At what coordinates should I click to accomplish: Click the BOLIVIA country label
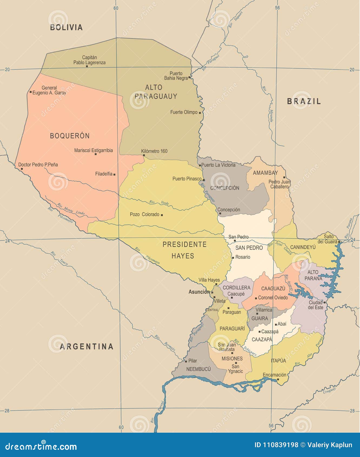[66, 27]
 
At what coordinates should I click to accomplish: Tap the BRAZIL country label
[304, 101]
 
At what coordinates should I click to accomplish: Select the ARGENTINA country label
[87, 346]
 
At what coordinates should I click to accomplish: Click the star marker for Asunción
[212, 292]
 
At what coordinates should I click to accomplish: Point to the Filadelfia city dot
[114, 174]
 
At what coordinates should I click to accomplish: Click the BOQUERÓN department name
[70, 136]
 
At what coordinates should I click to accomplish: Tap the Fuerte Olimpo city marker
[200, 113]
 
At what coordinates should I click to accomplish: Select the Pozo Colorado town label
[144, 214]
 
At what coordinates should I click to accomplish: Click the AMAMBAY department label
[265, 173]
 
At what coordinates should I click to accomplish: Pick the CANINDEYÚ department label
[303, 247]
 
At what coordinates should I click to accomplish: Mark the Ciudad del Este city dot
[325, 302]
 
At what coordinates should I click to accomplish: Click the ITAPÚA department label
[278, 360]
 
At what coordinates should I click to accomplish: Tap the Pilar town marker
[186, 361]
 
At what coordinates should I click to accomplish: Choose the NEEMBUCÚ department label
[199, 369]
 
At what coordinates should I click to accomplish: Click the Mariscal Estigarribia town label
[94, 151]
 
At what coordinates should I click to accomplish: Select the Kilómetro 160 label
[154, 151]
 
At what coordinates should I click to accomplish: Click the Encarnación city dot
[278, 379]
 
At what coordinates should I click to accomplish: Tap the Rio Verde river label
[159, 203]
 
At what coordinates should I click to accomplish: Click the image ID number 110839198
[280, 445]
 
